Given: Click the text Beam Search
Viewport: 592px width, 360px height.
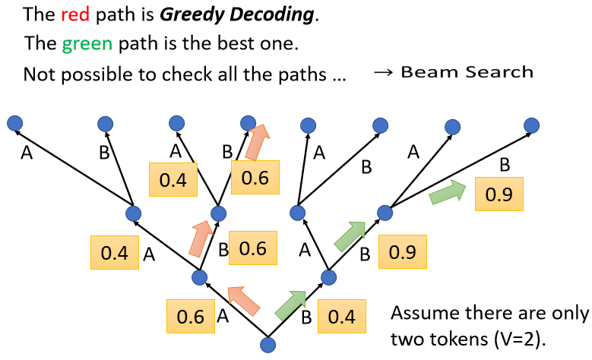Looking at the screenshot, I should tap(467, 73).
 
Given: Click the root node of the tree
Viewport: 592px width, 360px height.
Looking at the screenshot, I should tap(267, 346).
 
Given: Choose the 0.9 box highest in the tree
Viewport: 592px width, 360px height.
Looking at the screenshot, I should tap(499, 194).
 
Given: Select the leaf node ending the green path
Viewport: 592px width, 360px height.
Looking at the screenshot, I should tap(532, 125).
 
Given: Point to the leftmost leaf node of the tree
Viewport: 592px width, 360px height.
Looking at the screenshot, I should tap(13, 122).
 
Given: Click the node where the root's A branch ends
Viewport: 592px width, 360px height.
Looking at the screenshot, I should tap(200, 277).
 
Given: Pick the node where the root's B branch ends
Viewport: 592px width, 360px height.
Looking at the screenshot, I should tap(328, 278).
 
